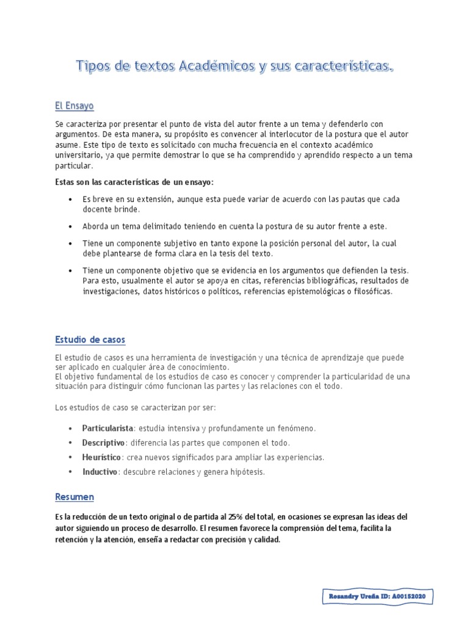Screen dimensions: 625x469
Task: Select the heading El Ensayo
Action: (74, 106)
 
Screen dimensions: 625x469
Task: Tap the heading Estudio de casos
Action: (90, 339)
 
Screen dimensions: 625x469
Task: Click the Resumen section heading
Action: (74, 497)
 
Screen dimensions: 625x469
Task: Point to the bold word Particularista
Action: (107, 428)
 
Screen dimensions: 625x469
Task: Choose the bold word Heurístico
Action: (102, 457)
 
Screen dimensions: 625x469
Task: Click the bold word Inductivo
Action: (100, 472)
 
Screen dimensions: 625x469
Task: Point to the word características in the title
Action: (339, 66)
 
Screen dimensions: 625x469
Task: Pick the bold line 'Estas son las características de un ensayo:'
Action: (134, 182)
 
